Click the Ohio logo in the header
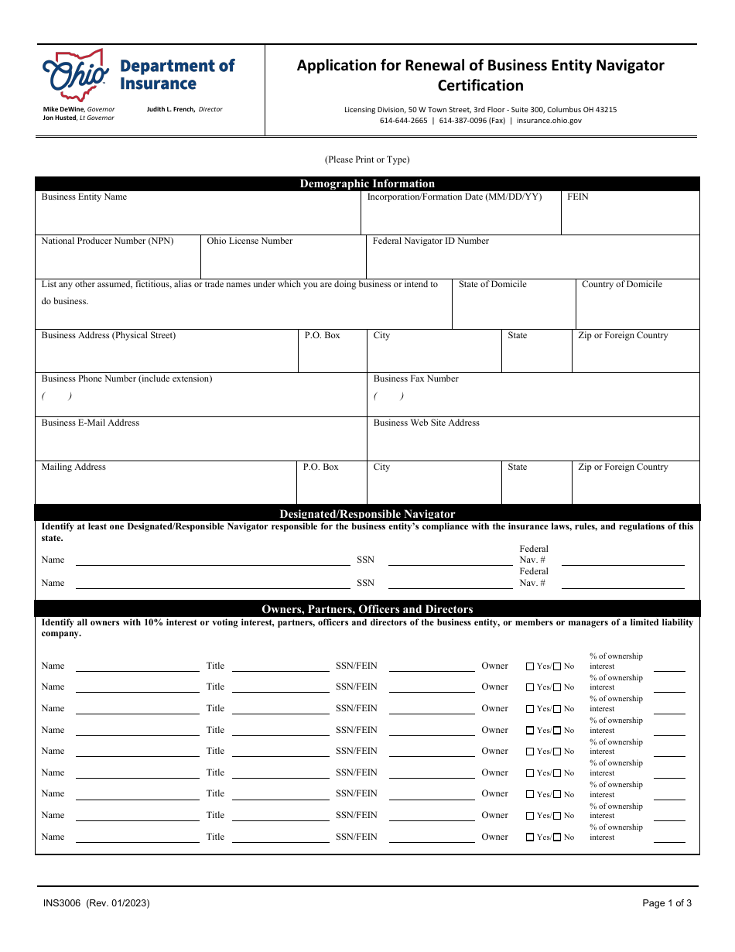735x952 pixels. click(x=75, y=75)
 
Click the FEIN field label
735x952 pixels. click(x=577, y=197)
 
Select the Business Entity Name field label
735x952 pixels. click(x=84, y=197)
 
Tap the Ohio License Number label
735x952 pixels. click(x=249, y=241)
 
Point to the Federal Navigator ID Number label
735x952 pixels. click(x=431, y=241)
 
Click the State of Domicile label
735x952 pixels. click(x=492, y=285)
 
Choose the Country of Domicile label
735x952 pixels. click(x=621, y=285)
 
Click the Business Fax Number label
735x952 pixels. click(x=415, y=379)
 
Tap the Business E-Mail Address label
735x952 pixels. click(x=91, y=423)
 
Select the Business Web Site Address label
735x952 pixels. click(x=426, y=423)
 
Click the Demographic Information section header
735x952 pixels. click(x=367, y=184)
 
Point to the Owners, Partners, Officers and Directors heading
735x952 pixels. click(x=367, y=609)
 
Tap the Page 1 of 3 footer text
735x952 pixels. click(x=667, y=903)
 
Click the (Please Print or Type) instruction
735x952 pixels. click(x=367, y=160)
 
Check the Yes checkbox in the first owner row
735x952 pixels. click(x=530, y=666)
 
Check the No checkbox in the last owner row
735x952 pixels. click(x=557, y=837)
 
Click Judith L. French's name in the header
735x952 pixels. click(x=171, y=110)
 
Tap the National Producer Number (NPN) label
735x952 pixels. click(x=108, y=241)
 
